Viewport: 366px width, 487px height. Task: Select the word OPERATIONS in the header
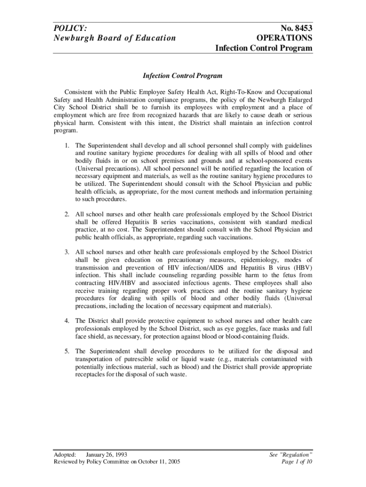284,38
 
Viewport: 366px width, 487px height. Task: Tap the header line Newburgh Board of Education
115,38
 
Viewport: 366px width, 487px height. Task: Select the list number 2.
67,214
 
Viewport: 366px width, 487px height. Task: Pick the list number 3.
67,252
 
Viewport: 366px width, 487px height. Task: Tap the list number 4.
67,321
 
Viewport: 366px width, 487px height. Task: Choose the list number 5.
67,351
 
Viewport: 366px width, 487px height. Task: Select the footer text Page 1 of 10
297,462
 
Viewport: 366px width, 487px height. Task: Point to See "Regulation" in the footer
291,455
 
